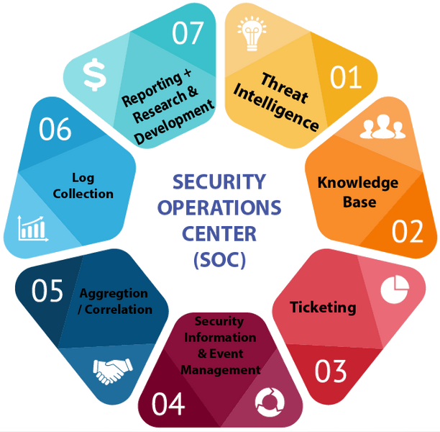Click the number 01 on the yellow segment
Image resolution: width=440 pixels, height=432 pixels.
[346, 76]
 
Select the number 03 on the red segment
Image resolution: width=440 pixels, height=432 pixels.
[331, 371]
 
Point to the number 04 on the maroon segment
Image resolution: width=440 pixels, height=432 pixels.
[168, 405]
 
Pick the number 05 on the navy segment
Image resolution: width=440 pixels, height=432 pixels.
[47, 292]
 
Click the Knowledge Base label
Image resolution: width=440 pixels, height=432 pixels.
[357, 192]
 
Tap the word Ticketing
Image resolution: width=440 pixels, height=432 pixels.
[323, 307]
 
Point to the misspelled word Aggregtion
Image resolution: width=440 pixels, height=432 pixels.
[114, 294]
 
